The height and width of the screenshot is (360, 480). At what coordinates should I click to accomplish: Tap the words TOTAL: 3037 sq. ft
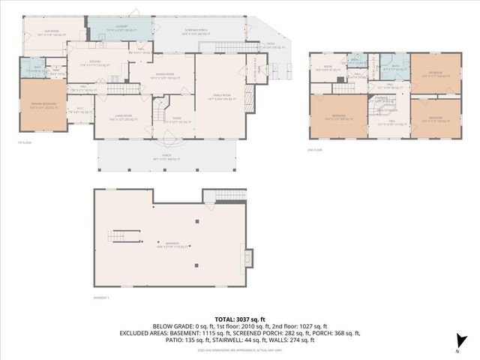click(239, 317)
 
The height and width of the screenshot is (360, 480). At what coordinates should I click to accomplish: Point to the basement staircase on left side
click(123, 237)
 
